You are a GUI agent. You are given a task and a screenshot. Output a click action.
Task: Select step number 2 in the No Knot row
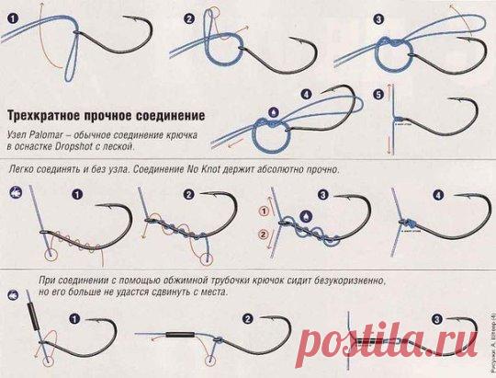click(x=188, y=195)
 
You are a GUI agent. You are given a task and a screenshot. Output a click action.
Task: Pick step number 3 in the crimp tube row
click(x=436, y=319)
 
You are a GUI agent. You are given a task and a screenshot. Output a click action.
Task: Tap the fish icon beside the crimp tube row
click(x=13, y=289)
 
